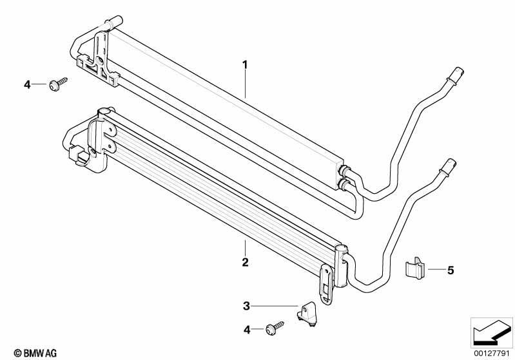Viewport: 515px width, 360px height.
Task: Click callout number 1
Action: click(x=245, y=65)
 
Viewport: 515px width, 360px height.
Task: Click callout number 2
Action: click(x=245, y=262)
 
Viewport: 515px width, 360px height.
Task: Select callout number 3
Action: click(x=246, y=306)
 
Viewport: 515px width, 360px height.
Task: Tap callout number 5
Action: click(x=451, y=270)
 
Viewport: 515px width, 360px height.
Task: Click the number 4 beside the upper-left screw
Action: click(x=27, y=84)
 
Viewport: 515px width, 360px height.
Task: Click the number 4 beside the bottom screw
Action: click(x=247, y=330)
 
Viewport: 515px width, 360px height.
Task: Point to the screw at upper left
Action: click(x=58, y=84)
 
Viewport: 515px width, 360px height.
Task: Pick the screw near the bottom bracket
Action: click(x=275, y=328)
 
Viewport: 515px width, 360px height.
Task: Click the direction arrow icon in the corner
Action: click(x=492, y=332)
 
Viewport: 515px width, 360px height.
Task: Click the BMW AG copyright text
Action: click(x=35, y=353)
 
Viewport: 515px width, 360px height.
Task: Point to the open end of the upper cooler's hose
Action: click(x=458, y=71)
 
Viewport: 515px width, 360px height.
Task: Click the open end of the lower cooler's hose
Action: click(x=451, y=163)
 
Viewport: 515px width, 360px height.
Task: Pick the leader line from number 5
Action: click(x=436, y=269)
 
